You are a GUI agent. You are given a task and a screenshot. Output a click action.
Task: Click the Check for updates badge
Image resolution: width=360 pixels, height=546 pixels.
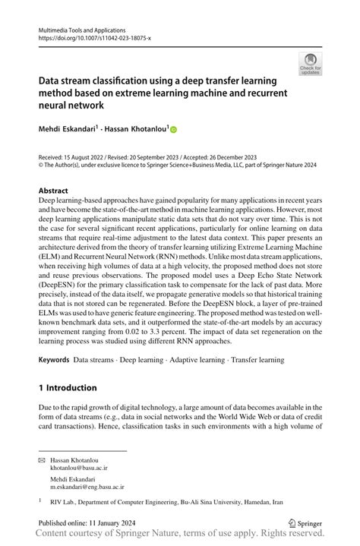(x=310, y=65)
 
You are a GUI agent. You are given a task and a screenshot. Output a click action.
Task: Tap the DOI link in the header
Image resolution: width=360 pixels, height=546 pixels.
(x=94, y=36)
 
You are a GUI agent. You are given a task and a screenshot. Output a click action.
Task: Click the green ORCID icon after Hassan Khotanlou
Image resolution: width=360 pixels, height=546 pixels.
(x=172, y=130)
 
